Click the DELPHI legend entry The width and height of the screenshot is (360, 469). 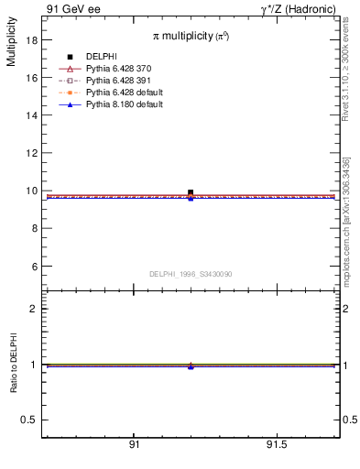pyautogui.click(x=101, y=57)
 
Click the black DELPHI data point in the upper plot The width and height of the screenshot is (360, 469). pyautogui.click(x=191, y=192)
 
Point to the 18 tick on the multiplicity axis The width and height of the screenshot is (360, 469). pyautogui.click(x=32, y=40)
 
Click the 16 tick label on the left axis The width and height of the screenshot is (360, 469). pyautogui.click(x=32, y=78)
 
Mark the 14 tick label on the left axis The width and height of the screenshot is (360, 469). pyautogui.click(x=32, y=115)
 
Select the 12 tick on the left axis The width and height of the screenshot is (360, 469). pyautogui.click(x=32, y=153)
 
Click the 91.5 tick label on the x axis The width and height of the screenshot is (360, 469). pyautogui.click(x=276, y=444)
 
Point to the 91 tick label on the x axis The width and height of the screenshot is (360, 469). pyautogui.click(x=134, y=444)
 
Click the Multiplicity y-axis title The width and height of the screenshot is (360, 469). pyautogui.click(x=11, y=45)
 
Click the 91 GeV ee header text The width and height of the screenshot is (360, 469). pyautogui.click(x=73, y=8)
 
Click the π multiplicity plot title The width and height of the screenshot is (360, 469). pyautogui.click(x=191, y=36)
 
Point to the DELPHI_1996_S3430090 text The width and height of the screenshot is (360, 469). pyautogui.click(x=191, y=274)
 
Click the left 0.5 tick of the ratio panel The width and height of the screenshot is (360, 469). pyautogui.click(x=30, y=420)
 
